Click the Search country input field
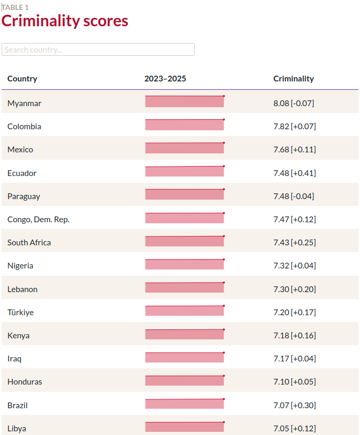pos(98,49)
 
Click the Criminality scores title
pos(65,21)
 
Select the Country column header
pos(22,79)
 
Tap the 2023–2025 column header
pos(165,79)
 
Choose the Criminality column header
pos(293,79)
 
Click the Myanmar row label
pos(24,103)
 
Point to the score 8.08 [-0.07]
pos(293,103)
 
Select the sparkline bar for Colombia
pos(185,125)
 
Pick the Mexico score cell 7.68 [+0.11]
pos(294,150)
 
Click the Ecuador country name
pos(22,173)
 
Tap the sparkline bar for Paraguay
pos(185,194)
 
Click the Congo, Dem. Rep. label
pos(38,220)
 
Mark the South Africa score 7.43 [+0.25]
pos(294,243)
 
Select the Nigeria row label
pos(20,266)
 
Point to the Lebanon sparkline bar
pos(185,287)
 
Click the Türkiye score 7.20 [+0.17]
pos(294,313)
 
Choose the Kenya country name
pos(18,336)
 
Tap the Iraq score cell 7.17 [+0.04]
pos(294,359)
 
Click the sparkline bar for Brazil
pos(185,403)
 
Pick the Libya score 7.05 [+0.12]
pos(294,429)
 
